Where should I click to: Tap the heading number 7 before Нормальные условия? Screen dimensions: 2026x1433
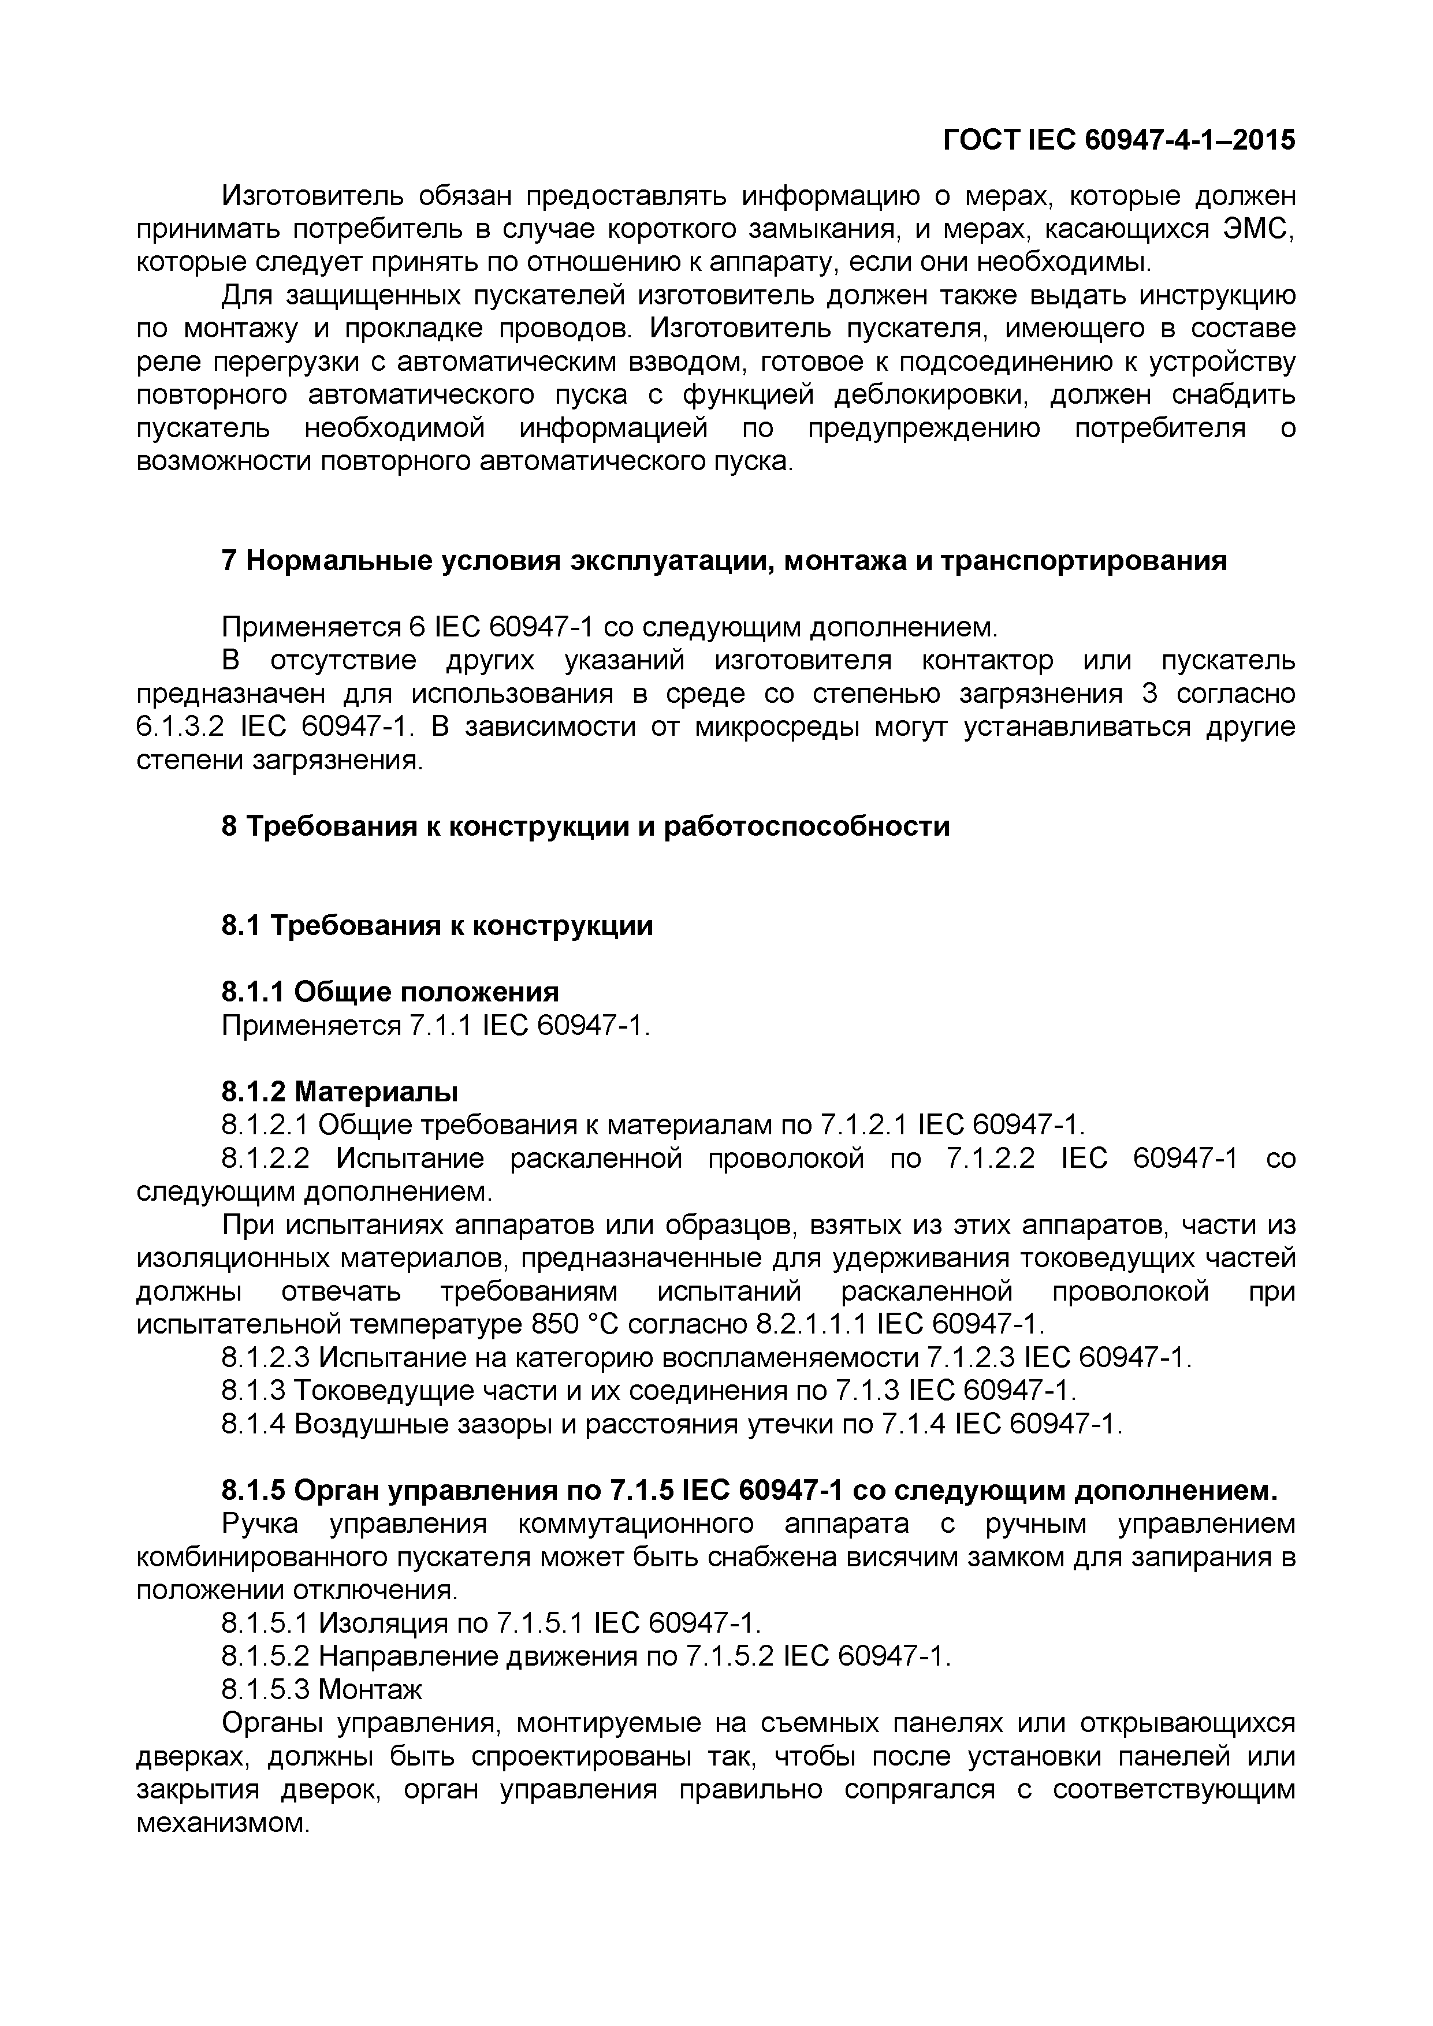(x=229, y=560)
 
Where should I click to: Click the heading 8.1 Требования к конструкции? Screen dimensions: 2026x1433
(x=437, y=926)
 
